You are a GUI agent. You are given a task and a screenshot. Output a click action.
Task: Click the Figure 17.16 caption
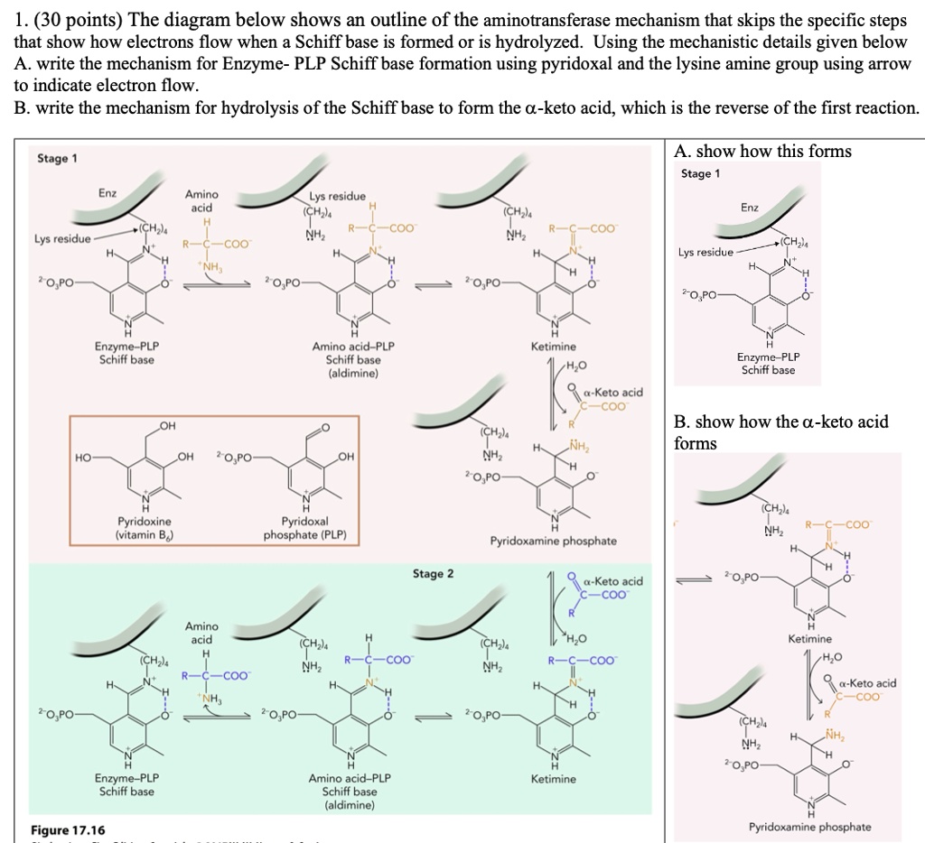coord(67,830)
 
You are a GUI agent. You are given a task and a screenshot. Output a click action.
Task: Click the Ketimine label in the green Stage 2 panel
coord(553,778)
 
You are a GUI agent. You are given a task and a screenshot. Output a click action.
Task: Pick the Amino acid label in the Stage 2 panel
coord(201,633)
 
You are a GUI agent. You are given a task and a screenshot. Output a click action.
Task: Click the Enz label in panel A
coord(750,208)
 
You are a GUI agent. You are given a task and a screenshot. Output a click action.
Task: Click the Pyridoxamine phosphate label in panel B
coord(810,827)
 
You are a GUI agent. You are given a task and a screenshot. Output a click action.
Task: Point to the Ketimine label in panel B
coord(809,639)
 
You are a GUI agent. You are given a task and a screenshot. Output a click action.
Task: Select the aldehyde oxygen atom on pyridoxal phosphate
coord(325,427)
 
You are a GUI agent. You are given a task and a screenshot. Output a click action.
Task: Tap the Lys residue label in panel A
coord(708,253)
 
